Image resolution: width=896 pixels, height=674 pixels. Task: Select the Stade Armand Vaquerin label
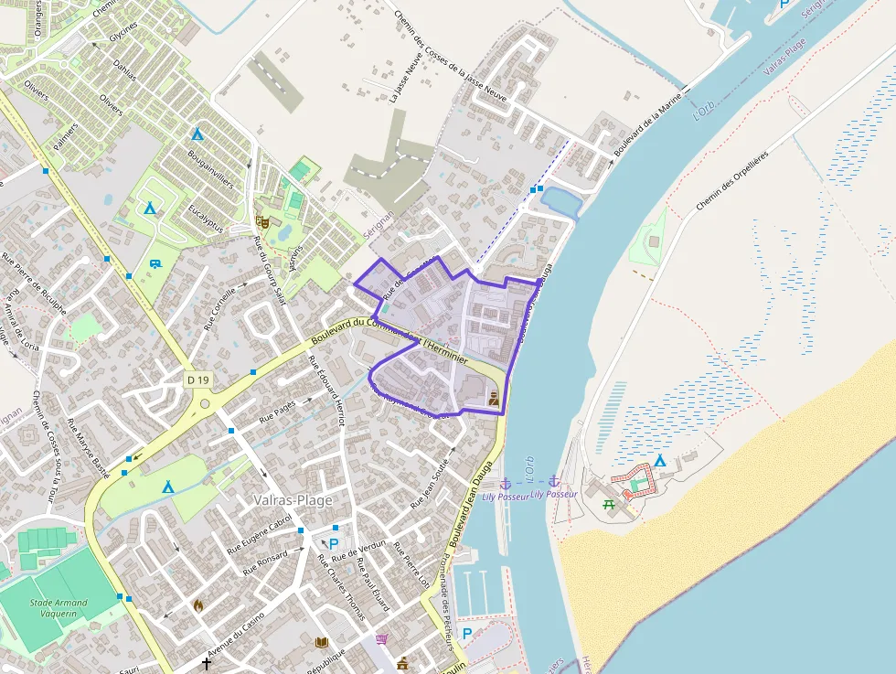(x=59, y=608)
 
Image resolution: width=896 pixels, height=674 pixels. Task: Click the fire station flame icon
(x=198, y=604)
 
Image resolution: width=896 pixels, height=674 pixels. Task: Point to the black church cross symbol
(x=207, y=663)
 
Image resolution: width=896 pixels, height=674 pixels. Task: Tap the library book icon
(x=321, y=643)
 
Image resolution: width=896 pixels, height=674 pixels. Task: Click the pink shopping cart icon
(x=381, y=639)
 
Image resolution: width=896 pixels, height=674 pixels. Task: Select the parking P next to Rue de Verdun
(x=335, y=529)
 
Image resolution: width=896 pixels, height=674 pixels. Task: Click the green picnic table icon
(x=609, y=502)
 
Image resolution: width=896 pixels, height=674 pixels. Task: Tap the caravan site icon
(x=155, y=264)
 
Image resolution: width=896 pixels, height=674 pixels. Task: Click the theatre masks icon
(x=262, y=220)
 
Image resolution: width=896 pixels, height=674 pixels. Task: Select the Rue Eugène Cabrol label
(x=259, y=536)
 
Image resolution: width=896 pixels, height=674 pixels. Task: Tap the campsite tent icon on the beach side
(x=659, y=460)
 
